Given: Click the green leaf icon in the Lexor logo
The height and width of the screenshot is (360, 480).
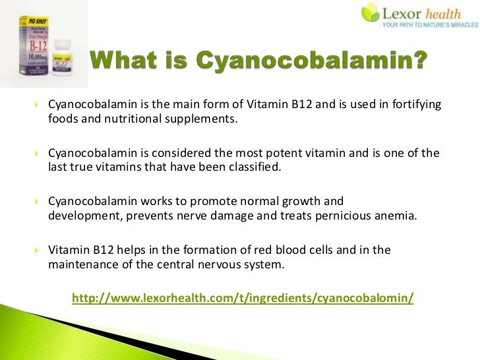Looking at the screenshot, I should pos(370,12).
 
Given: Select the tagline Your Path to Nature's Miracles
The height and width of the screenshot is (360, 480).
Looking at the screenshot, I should pos(429,26).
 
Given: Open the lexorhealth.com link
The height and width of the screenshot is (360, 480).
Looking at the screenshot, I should pos(243,298).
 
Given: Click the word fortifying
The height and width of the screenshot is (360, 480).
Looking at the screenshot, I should pos(415,105).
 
